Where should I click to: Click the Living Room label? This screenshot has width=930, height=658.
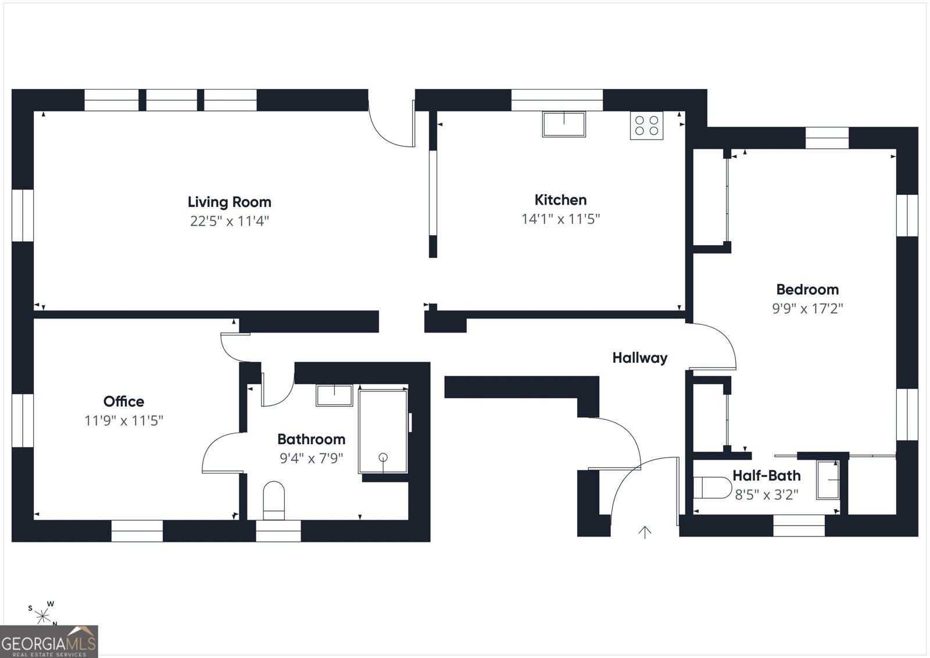coord(229,202)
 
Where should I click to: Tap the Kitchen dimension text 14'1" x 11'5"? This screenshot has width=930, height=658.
coord(560,219)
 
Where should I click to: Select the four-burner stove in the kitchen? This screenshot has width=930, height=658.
coord(646,126)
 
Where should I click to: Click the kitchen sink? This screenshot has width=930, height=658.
coord(564,124)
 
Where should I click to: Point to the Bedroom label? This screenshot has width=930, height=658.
coord(807,289)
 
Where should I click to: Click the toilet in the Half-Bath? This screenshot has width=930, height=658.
coord(712,487)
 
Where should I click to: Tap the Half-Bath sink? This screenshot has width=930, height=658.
coord(828,480)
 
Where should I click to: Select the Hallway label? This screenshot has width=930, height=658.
coord(640,358)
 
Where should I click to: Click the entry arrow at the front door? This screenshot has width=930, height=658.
coord(645,532)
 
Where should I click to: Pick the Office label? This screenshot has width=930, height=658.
coord(124,402)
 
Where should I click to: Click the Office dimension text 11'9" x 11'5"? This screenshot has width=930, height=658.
coord(124,420)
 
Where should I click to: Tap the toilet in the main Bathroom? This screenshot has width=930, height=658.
coord(274,500)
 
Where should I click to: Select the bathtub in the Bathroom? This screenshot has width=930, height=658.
coord(383,431)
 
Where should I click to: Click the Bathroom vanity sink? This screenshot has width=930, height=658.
coord(334,395)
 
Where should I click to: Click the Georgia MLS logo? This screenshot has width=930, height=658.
coord(49,641)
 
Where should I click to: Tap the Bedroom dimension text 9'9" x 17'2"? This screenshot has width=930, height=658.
coord(807,309)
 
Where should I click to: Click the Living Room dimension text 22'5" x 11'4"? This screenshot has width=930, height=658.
coord(229,221)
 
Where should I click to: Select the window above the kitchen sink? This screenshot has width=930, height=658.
coord(557,100)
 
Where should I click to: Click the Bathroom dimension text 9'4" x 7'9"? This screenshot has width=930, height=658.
coord(312,458)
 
